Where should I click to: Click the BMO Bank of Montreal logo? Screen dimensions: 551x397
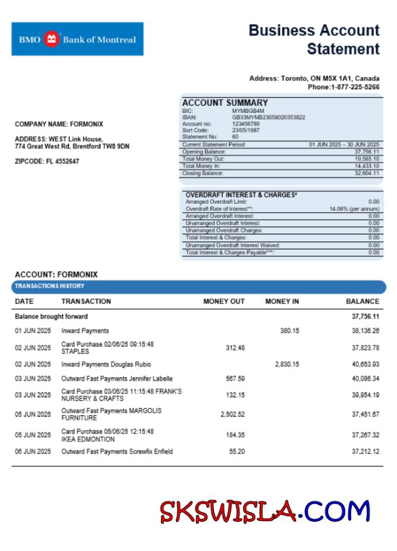(77, 39)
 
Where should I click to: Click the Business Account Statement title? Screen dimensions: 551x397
(314, 39)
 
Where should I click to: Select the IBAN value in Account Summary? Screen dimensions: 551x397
(268, 117)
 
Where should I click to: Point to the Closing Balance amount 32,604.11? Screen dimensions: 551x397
(367, 173)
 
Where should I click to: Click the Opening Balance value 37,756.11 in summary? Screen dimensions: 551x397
(367, 152)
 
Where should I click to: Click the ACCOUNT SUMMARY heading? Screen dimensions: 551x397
(225, 102)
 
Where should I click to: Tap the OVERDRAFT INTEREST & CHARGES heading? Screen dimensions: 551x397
(241, 195)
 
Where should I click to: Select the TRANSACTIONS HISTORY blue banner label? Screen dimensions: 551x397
(50, 286)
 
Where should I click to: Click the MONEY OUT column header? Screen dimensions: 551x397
(223, 301)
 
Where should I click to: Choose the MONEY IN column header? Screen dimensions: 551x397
(282, 301)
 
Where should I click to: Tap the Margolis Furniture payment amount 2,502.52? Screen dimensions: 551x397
(232, 414)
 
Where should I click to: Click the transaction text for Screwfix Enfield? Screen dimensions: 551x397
(117, 452)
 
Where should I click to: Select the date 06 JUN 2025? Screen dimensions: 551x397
(33, 452)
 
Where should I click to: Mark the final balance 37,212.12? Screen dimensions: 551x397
(366, 452)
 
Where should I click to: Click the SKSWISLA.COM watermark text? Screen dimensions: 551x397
(265, 511)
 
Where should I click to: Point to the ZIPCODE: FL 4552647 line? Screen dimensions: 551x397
(47, 161)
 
